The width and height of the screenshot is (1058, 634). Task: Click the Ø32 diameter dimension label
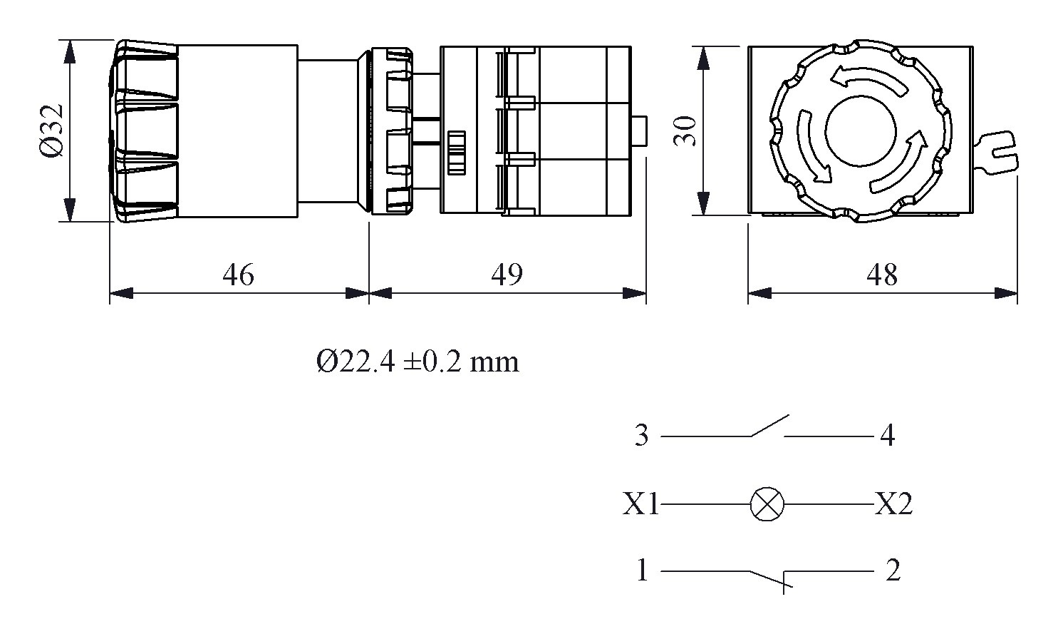coord(51,131)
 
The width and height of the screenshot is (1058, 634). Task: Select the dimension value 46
coord(238,275)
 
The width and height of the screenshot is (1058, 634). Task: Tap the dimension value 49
coord(507,275)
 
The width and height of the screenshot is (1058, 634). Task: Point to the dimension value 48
coord(882,275)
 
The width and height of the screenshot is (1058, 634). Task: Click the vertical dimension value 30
coord(685,131)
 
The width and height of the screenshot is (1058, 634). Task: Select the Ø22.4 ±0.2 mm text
coord(418,362)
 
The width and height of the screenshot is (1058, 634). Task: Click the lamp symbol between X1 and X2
coord(767,504)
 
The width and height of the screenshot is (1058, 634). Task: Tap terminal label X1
coord(641,504)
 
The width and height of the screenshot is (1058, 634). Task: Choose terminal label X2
coord(893,504)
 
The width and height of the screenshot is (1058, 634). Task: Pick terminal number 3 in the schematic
coord(641,436)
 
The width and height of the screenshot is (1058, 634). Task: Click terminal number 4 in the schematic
coord(888,436)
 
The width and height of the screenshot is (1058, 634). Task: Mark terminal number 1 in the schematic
coord(642,571)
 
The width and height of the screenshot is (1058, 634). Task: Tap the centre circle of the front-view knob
coord(861,131)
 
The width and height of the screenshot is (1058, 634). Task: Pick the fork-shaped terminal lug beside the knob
coord(997,151)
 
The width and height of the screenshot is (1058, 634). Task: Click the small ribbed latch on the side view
coord(456,153)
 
